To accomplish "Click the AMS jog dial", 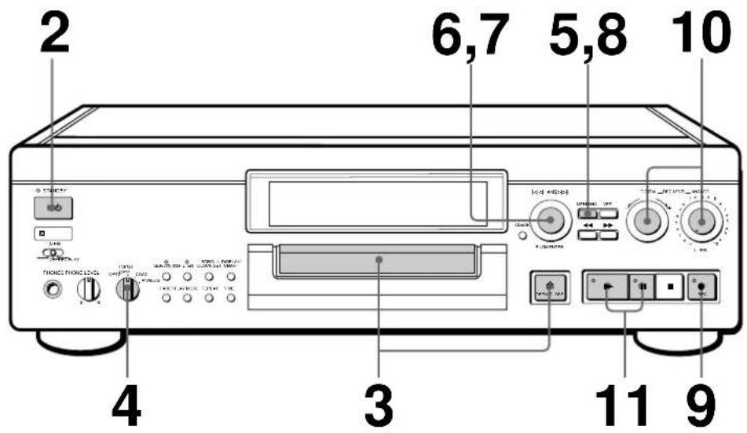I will pyautogui.click(x=547, y=221).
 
